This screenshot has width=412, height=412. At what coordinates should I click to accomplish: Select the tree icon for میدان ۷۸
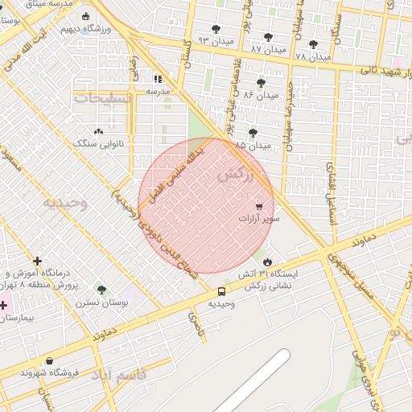pyautogui.click(x=313, y=44)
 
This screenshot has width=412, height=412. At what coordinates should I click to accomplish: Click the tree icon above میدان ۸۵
pyautogui.click(x=253, y=133)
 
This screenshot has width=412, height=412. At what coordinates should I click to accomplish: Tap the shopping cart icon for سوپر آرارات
pyautogui.click(x=259, y=206)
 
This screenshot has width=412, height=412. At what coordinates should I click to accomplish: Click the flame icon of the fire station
pyautogui.click(x=267, y=262)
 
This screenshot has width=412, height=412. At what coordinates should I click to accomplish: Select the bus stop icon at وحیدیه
pyautogui.click(x=221, y=291)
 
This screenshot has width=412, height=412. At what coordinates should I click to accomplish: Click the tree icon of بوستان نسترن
pyautogui.click(x=101, y=290)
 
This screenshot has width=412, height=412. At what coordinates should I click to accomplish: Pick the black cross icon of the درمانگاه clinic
pyautogui.click(x=38, y=261)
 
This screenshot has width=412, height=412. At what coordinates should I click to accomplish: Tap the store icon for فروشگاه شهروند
pyautogui.click(x=51, y=361)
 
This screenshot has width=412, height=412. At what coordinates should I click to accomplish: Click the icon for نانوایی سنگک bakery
pyautogui.click(x=99, y=131)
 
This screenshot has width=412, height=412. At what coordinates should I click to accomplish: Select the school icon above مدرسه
pyautogui.click(x=158, y=79)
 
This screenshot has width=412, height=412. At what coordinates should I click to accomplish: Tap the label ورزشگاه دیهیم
pyautogui.click(x=106, y=29)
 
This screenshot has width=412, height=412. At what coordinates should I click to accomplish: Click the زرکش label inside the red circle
pyautogui.click(x=235, y=175)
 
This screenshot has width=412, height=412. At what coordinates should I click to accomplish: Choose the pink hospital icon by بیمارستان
pyautogui.click(x=3, y=305)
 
